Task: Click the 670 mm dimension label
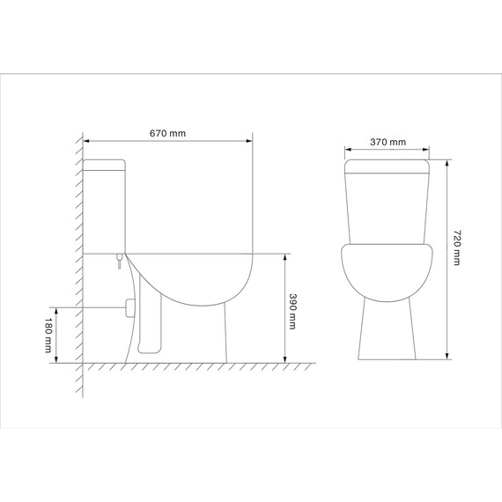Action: click(x=167, y=133)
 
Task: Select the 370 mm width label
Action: click(x=388, y=141)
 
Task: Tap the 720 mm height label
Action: click(x=457, y=248)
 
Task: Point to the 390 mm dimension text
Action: click(x=294, y=310)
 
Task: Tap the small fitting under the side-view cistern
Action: click(x=116, y=260)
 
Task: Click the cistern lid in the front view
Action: click(x=388, y=166)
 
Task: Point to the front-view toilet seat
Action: click(x=388, y=269)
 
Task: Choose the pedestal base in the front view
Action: click(x=388, y=330)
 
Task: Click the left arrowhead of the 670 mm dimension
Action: click(x=88, y=140)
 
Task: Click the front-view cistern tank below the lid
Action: click(x=388, y=207)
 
